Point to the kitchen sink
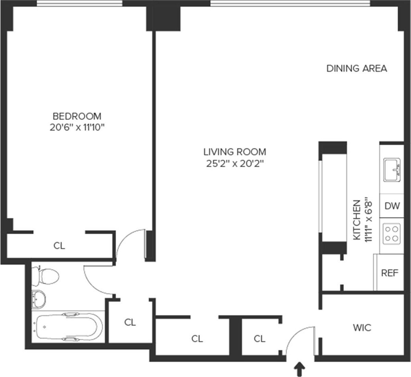point(392,170)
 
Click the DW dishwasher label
point(392,206)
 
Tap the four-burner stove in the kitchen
point(392,233)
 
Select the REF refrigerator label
point(390,273)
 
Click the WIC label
point(362,328)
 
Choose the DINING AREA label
point(357,68)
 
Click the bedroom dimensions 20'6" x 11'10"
point(77,128)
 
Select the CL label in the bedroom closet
point(59,246)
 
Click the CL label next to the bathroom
point(130,322)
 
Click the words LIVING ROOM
point(235,152)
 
